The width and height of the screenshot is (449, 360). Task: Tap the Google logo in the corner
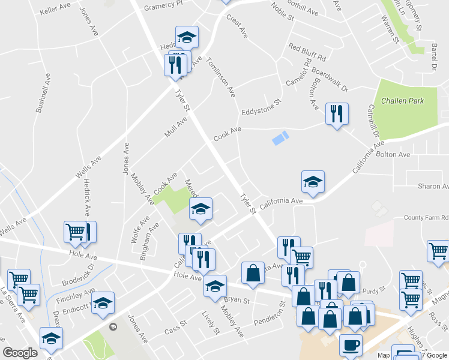point(20,353)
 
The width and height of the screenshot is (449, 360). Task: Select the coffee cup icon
point(351,346)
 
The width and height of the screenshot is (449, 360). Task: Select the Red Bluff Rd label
point(306,52)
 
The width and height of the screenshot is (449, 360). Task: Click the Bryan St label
point(236,299)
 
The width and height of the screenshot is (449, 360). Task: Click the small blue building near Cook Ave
point(280,138)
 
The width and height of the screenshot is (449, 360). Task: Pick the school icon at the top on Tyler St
point(187,37)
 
